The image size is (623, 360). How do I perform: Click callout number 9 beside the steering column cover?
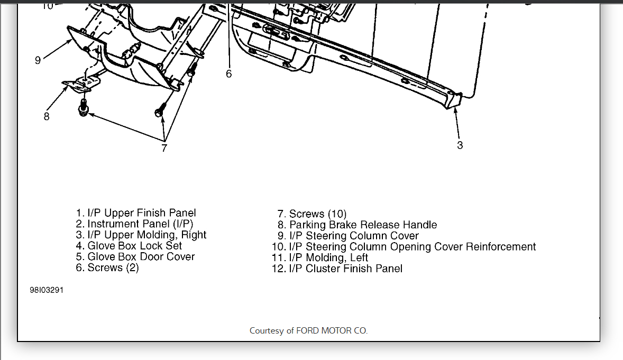[x=38, y=60]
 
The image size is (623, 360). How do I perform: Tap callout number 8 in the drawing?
[x=47, y=116]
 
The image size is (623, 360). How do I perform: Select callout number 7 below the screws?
[x=164, y=148]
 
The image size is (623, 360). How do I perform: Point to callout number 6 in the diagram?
[x=229, y=74]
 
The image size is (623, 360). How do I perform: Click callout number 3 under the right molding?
[x=460, y=144]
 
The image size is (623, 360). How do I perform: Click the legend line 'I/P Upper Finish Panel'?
[x=136, y=213]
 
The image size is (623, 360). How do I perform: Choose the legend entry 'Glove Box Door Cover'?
[x=135, y=257]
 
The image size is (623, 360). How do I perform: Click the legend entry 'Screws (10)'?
[x=312, y=214]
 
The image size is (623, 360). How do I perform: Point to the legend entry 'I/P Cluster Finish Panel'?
[x=337, y=269]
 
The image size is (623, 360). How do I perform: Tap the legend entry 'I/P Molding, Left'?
[x=320, y=258]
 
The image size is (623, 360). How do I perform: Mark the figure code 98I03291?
[x=47, y=291]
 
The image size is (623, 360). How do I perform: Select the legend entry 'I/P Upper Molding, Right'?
[x=141, y=235]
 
